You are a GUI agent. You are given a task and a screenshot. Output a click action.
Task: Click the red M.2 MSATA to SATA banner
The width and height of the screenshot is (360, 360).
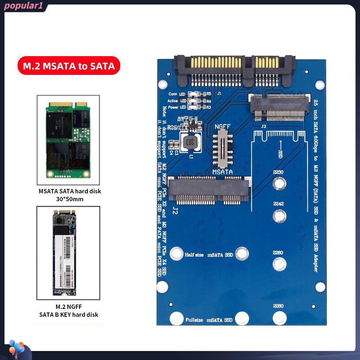pos(69,66)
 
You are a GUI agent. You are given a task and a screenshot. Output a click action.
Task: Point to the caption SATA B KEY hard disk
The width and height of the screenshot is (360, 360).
pos(69,315)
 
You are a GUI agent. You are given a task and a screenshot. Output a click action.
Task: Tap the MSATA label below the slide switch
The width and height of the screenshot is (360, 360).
pos(222,172)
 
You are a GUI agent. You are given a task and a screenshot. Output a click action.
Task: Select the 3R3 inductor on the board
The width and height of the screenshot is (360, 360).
pos(188,141)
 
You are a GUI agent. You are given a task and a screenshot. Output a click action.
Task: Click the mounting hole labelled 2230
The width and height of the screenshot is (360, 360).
pos(278,184)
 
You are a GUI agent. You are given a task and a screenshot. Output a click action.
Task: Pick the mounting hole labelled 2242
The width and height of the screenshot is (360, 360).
pos(278,216)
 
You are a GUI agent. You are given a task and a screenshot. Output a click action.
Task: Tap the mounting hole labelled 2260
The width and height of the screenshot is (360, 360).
pos(278,264)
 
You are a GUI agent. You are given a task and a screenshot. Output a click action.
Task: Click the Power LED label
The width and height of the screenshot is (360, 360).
pos(177,107)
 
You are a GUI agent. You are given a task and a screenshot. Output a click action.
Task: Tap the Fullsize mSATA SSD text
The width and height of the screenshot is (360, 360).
pos(209,320)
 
